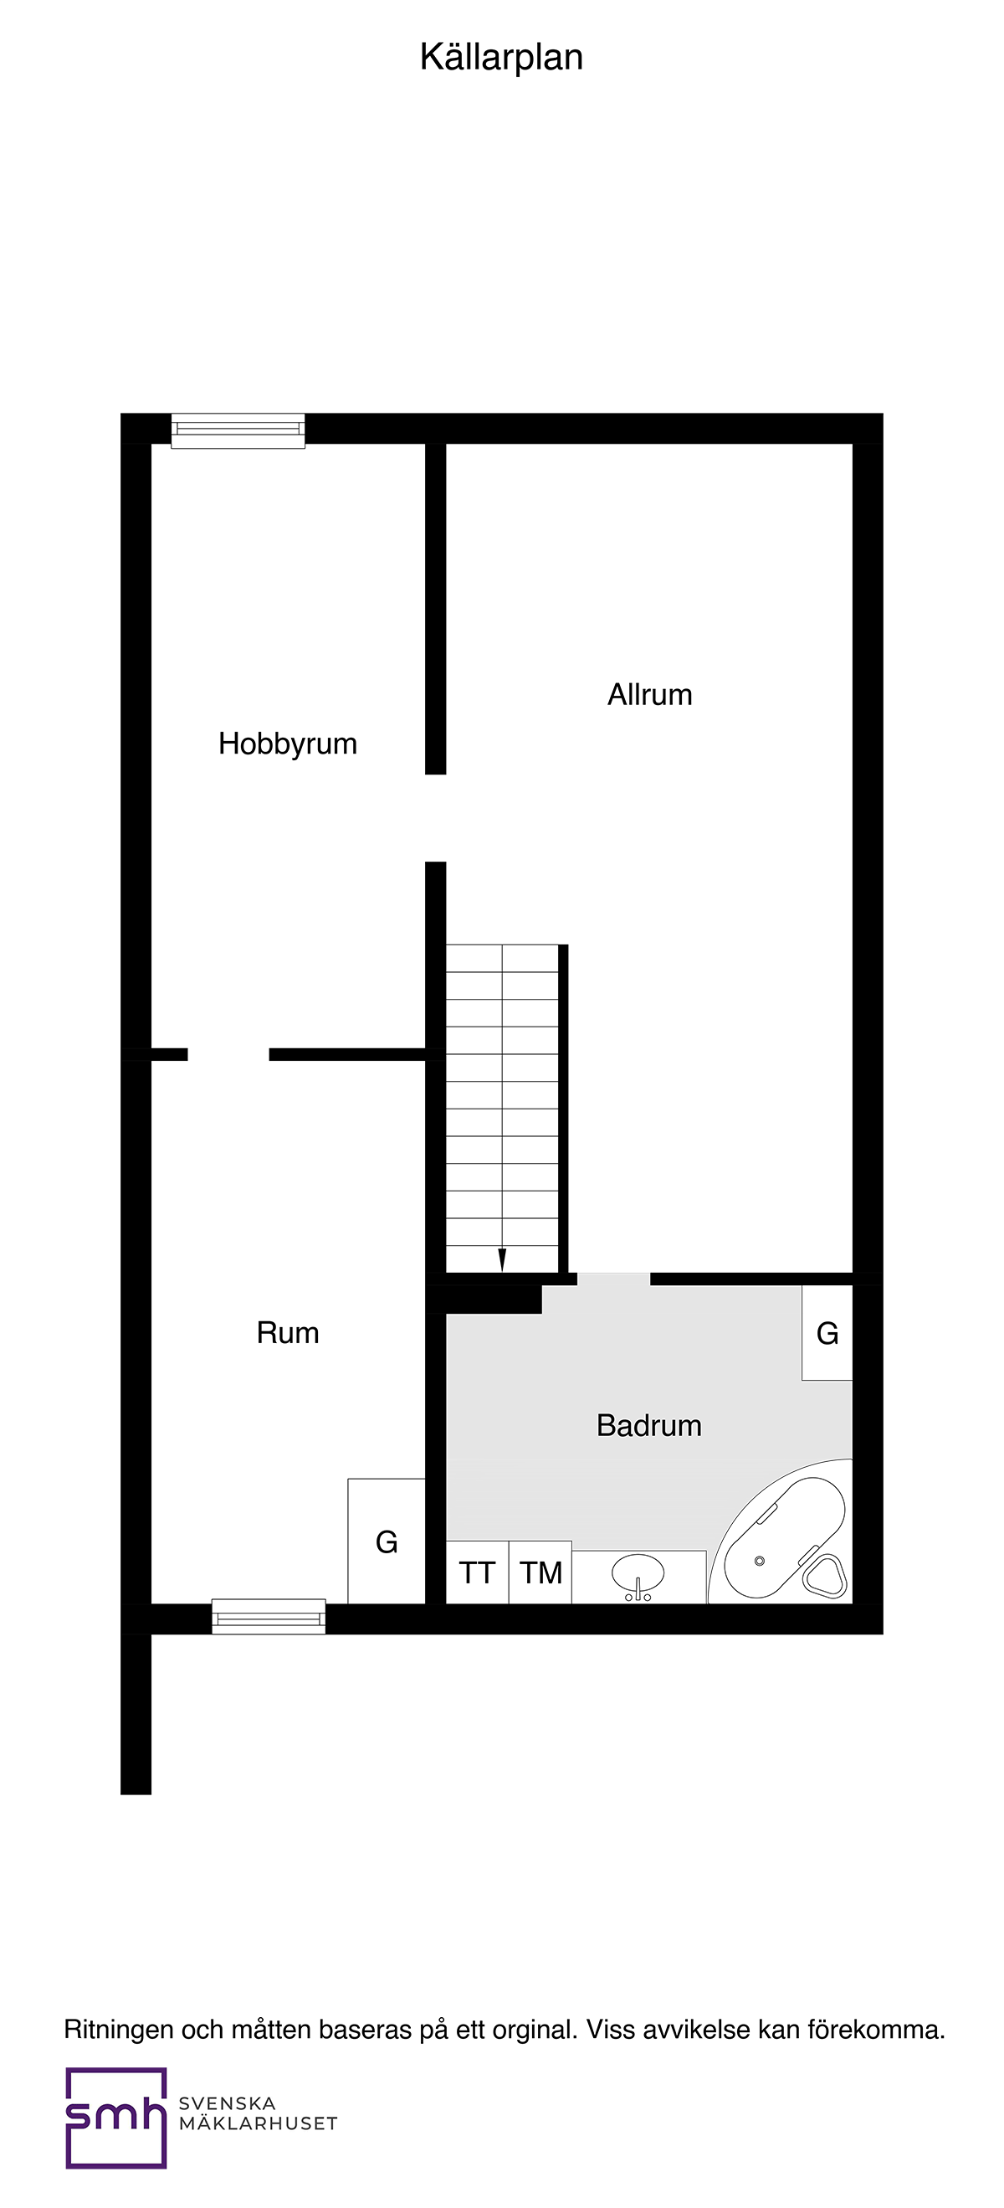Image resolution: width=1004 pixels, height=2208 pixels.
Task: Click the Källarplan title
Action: tap(501, 58)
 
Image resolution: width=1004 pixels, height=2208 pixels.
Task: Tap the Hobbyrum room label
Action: tap(288, 744)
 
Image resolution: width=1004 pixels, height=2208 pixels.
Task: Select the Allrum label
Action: tap(649, 694)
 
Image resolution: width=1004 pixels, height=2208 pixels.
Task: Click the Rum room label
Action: tap(288, 1333)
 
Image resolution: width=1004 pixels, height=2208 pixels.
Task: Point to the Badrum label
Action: tap(648, 1425)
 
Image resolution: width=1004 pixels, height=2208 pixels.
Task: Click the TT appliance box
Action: tap(477, 1572)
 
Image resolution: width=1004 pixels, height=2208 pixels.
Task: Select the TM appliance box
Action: tap(540, 1572)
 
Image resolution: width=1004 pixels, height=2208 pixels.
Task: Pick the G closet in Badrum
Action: tap(827, 1333)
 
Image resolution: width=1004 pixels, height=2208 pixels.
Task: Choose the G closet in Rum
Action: tap(387, 1543)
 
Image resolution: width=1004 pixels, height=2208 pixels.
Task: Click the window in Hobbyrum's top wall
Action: tap(238, 430)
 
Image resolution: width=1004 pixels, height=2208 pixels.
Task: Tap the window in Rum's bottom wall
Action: tap(269, 1617)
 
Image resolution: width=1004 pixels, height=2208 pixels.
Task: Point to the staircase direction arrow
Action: tap(502, 1259)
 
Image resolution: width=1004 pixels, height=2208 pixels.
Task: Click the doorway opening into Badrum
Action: tap(613, 1279)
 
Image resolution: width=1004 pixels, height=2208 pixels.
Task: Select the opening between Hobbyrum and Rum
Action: tap(228, 1054)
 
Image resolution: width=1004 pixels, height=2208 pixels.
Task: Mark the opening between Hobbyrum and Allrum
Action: tap(436, 818)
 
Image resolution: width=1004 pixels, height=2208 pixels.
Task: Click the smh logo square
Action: tap(115, 2117)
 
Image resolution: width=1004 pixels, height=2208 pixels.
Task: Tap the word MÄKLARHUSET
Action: tap(258, 2124)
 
